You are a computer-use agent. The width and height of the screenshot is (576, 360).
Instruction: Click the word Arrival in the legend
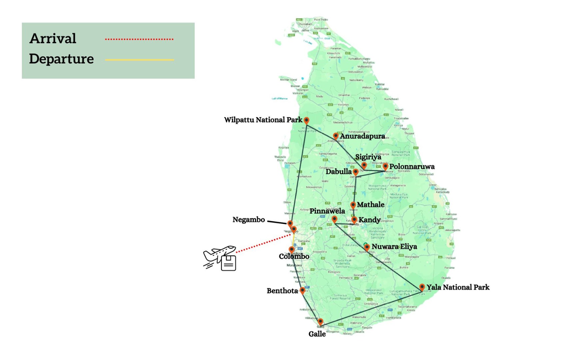(x=53, y=38)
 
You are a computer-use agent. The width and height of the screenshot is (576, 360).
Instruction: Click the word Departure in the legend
(x=61, y=59)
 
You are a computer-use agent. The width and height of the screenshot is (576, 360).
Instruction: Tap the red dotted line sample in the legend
(x=139, y=39)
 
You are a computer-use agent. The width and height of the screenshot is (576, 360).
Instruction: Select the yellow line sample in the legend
(x=139, y=60)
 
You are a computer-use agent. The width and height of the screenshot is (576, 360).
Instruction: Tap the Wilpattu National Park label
(x=263, y=120)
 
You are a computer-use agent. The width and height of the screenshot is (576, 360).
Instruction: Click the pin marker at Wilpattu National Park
(x=306, y=120)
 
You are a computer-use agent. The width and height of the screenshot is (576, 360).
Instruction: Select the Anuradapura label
(x=362, y=136)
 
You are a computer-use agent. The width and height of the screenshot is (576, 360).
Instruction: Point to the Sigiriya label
(x=368, y=157)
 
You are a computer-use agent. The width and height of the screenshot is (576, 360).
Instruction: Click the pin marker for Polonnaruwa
(x=385, y=166)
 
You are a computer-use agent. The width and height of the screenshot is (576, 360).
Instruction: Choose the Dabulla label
(x=338, y=171)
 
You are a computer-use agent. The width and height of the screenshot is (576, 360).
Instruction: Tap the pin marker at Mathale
(x=353, y=205)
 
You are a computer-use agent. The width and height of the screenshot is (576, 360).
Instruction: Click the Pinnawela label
(x=327, y=211)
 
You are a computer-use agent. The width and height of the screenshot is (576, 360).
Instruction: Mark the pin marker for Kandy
(x=354, y=219)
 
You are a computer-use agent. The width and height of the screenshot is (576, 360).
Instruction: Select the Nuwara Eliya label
(x=394, y=246)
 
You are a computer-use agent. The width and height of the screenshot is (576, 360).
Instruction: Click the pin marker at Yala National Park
(x=422, y=287)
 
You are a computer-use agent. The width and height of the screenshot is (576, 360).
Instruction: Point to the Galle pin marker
(x=320, y=322)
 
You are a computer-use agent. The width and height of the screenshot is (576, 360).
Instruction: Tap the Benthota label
(x=282, y=291)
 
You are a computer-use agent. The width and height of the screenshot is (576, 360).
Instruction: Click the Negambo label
(x=249, y=220)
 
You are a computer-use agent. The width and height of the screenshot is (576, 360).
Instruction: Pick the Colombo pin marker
(x=292, y=249)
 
